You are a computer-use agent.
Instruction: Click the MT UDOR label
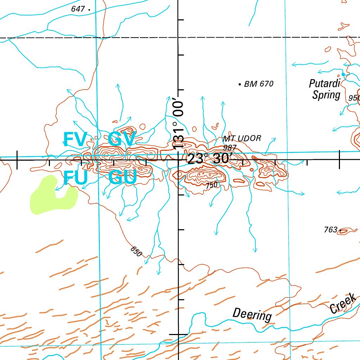242,139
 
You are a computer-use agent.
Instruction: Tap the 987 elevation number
230,148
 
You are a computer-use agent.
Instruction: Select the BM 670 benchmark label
258,84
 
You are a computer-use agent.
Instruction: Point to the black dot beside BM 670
239,84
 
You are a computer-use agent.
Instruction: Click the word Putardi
325,84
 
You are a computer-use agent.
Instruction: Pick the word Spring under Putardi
327,95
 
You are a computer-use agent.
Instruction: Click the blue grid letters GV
121,139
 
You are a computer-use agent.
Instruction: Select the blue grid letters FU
75,178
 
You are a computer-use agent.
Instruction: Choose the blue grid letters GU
122,178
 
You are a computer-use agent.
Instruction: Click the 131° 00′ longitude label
179,125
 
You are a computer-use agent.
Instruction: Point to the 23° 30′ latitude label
208,159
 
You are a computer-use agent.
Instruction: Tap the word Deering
252,314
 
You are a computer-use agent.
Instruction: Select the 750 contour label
212,185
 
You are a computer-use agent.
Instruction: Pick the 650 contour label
136,251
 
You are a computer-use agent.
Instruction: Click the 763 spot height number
330,230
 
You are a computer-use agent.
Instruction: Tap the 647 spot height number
78,9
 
